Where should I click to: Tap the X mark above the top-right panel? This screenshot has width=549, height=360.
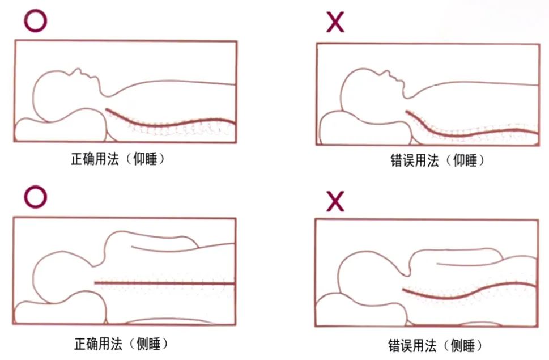[x=335, y=22]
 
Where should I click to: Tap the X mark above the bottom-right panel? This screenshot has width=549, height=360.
[x=335, y=201]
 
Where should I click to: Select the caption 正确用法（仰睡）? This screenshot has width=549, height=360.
[x=118, y=159]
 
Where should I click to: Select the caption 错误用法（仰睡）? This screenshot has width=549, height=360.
[x=437, y=160]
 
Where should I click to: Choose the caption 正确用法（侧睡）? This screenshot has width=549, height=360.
[x=121, y=344]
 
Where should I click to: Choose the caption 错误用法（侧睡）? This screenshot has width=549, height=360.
[x=436, y=345]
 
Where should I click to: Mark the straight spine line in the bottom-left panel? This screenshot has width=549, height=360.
[x=164, y=282]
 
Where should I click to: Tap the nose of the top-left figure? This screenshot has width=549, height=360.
[x=76, y=70]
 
